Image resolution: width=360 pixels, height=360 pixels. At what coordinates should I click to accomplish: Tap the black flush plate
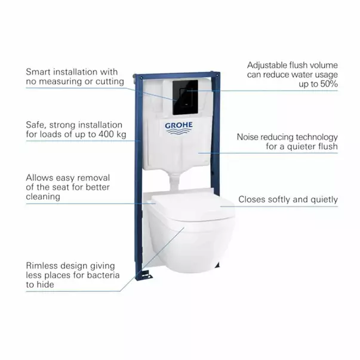184,97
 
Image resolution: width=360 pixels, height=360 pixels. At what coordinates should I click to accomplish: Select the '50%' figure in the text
327,84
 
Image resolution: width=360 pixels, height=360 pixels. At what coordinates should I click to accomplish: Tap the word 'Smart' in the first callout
38,72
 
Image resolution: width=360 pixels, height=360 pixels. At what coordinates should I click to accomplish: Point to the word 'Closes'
253,199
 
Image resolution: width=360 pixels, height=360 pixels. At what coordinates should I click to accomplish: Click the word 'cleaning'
43,196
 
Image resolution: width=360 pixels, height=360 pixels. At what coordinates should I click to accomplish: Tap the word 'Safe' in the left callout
36,125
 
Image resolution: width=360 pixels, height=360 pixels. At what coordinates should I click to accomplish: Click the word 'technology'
315,137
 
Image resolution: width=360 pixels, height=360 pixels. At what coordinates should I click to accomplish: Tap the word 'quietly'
323,199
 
